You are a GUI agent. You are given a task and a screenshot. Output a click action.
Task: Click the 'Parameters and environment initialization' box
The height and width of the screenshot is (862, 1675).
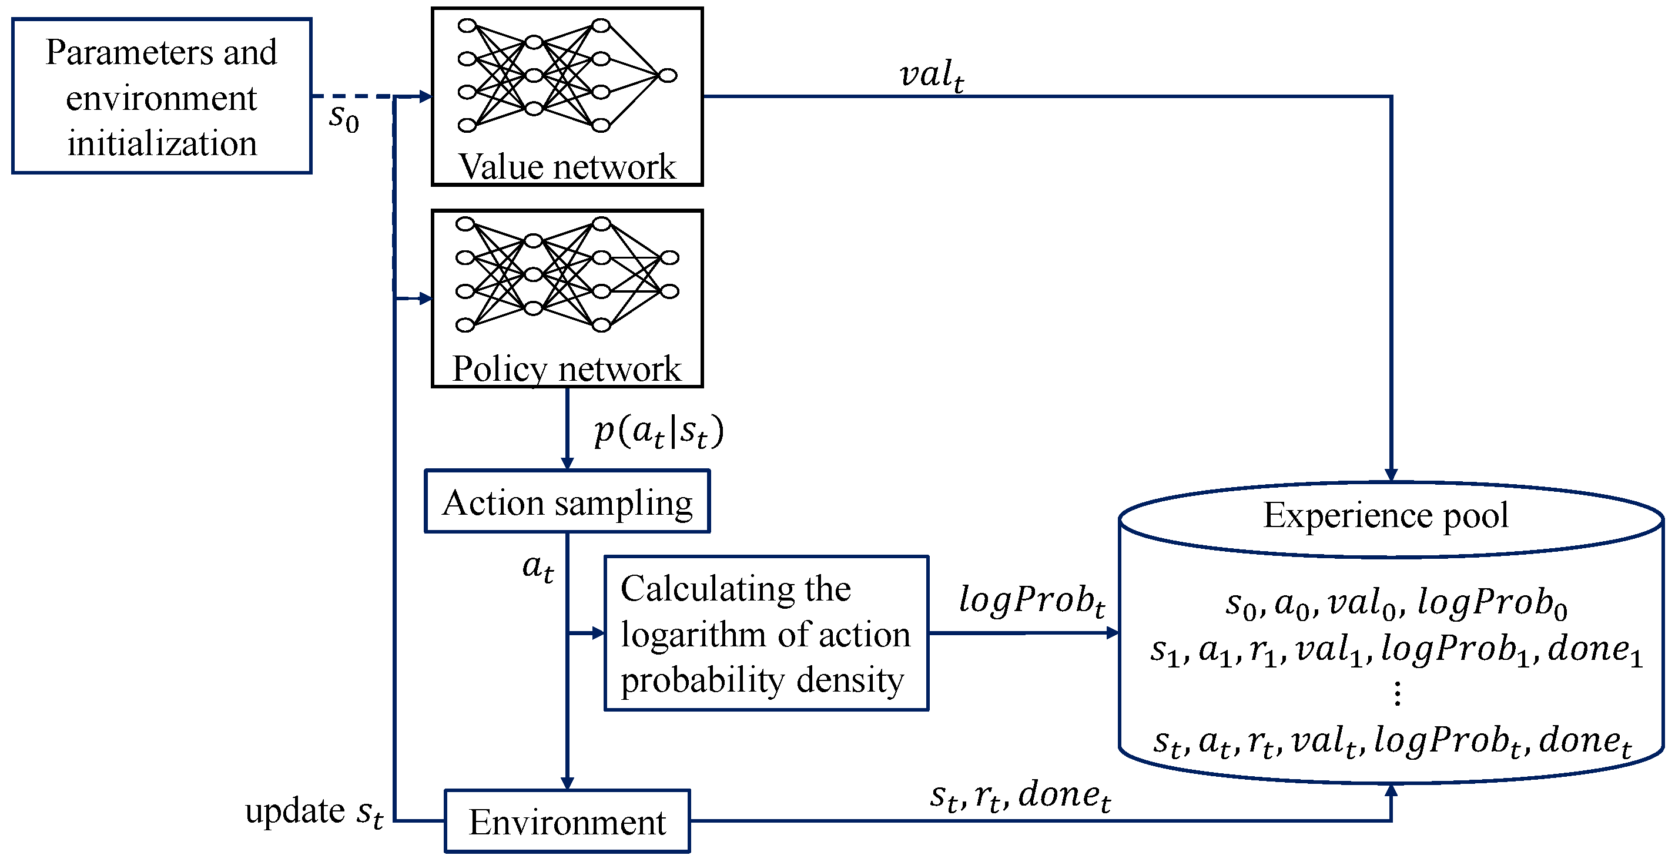coord(162,96)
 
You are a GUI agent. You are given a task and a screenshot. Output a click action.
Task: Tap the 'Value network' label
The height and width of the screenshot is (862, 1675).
coord(567,166)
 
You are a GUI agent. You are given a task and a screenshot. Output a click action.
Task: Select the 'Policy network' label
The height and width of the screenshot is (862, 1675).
coord(567,368)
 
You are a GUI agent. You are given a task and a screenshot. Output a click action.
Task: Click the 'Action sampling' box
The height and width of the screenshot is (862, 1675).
coord(567,501)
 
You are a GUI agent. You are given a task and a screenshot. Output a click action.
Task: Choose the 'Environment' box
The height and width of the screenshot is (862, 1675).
coord(567,821)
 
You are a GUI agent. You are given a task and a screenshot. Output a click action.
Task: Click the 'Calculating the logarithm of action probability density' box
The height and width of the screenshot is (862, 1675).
coord(766,633)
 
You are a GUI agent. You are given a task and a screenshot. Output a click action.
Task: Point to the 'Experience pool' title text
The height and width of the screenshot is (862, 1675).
coord(1386,515)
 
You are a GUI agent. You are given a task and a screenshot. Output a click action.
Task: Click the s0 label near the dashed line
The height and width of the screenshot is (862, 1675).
coord(344,118)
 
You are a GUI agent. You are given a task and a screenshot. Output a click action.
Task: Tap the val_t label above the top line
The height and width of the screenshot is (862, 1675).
coord(932,75)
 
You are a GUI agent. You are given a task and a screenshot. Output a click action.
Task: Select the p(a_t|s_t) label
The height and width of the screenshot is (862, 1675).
coord(659,431)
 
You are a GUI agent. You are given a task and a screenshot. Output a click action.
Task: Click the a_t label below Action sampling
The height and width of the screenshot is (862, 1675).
coord(538,568)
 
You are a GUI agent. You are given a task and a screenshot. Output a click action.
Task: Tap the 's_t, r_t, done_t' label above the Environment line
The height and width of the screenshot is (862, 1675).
coord(1020,796)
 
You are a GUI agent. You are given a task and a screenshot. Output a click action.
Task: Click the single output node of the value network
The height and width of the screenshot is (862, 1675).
coord(668,76)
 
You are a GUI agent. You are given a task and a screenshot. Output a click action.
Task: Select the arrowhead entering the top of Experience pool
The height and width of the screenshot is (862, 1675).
coord(1391,475)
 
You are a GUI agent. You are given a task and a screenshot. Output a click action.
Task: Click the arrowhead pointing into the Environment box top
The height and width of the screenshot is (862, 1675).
coord(567,783)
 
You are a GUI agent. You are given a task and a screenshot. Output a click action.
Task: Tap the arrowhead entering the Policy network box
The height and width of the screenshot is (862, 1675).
coord(426,298)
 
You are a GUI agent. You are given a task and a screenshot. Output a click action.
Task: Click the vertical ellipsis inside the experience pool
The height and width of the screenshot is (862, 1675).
coord(1396,693)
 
